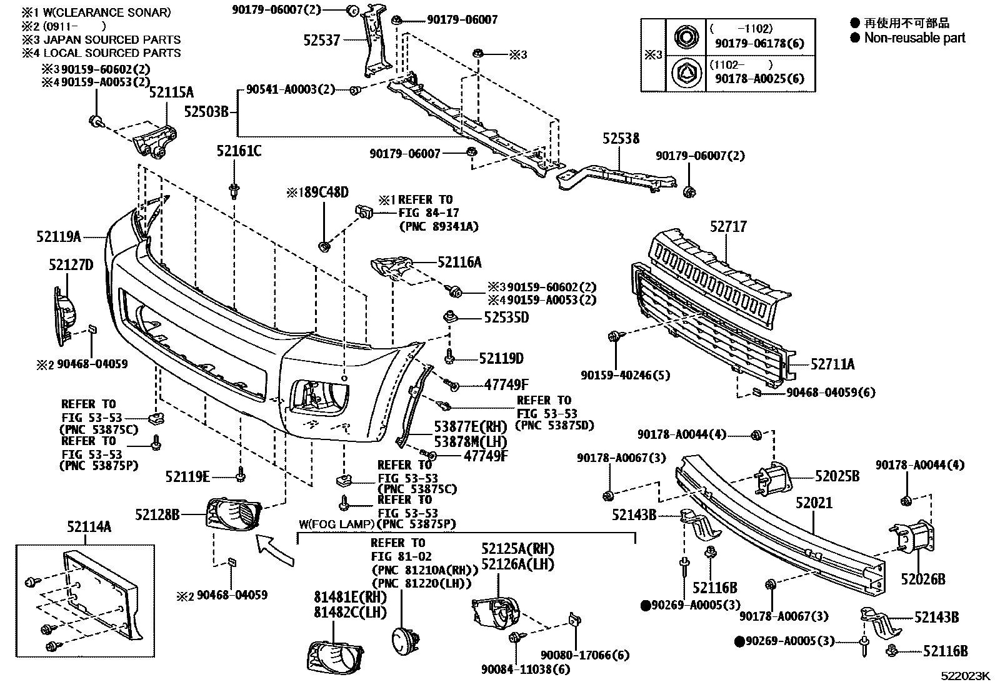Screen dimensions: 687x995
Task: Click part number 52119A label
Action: [59, 237]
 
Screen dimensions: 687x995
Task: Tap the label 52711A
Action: [832, 364]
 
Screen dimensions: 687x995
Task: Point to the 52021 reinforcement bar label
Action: [814, 503]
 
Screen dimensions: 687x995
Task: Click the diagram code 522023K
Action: [966, 676]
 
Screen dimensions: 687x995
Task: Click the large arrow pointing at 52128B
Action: [275, 550]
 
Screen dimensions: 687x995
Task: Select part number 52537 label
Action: [322, 40]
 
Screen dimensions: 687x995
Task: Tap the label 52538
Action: [621, 139]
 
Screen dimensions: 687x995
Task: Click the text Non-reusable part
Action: [914, 38]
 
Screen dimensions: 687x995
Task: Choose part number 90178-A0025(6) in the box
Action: [759, 79]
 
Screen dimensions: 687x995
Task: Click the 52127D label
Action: [71, 265]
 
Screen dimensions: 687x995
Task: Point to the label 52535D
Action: [506, 318]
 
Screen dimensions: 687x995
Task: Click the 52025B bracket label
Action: [837, 476]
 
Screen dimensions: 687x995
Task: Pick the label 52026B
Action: [922, 579]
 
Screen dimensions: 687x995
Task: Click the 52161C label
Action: [239, 151]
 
